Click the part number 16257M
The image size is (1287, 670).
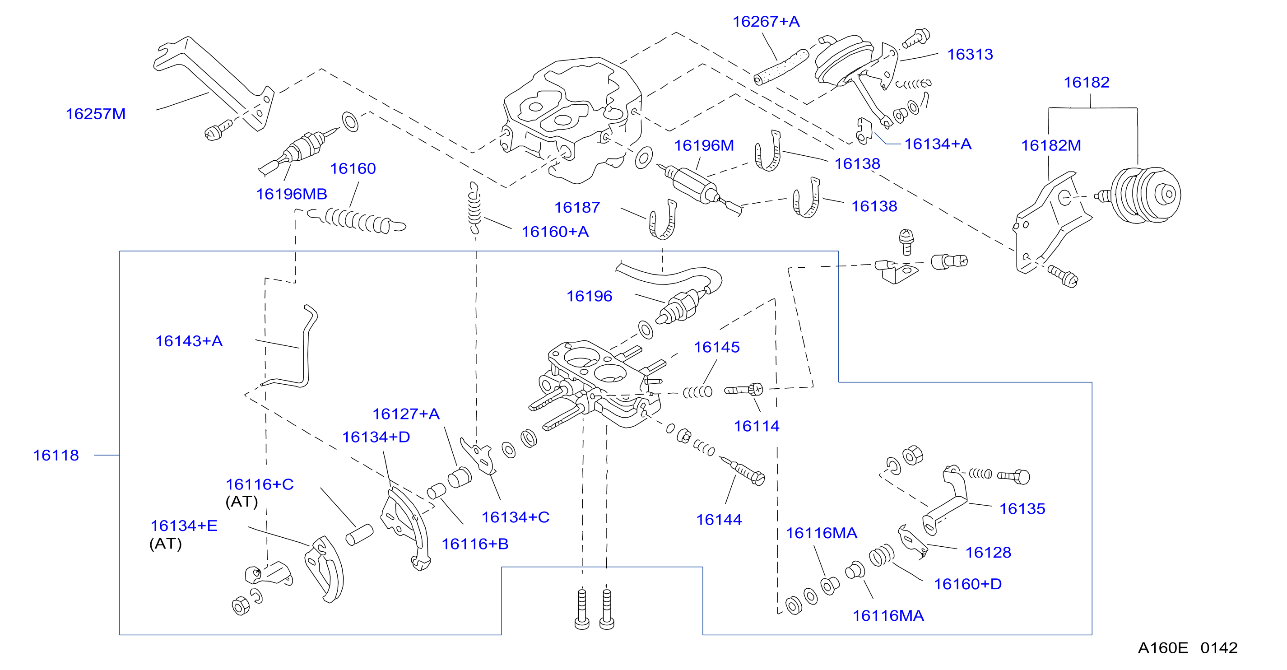pyautogui.click(x=95, y=114)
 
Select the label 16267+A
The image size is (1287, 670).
pyautogui.click(x=766, y=22)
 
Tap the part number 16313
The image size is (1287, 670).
pyautogui.click(x=970, y=54)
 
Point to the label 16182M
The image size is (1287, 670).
pyautogui.click(x=1051, y=145)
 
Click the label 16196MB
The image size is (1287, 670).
pyautogui.click(x=291, y=194)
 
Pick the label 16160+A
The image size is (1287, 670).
pyautogui.click(x=555, y=232)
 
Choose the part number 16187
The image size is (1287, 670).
pyautogui.click(x=577, y=207)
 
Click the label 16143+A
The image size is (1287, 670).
pyautogui.click(x=189, y=341)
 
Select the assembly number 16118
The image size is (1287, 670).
pyautogui.click(x=56, y=455)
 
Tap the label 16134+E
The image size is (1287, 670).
pyautogui.click(x=184, y=526)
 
